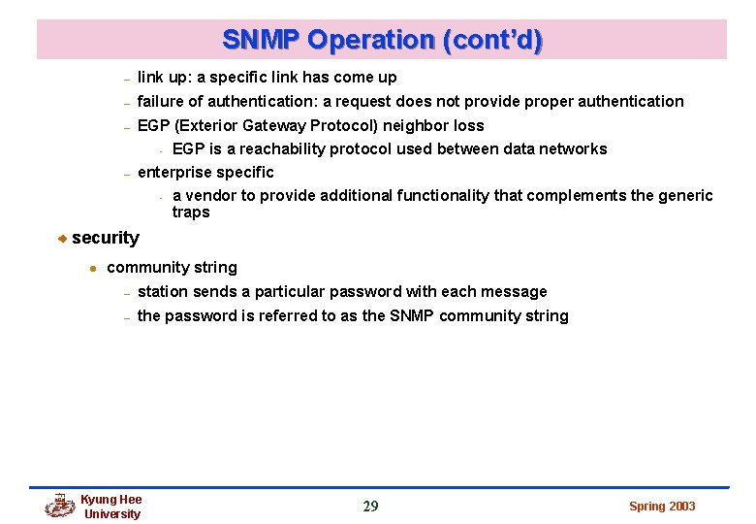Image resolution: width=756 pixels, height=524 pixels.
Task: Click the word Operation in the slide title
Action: click(373, 41)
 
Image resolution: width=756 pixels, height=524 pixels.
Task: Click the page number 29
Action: click(370, 506)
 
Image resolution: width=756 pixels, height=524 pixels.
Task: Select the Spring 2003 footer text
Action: click(662, 507)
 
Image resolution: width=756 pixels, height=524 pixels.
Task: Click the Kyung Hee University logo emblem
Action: click(60, 506)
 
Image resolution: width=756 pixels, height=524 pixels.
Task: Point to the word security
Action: click(105, 238)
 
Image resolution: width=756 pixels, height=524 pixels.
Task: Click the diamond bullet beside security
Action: click(61, 239)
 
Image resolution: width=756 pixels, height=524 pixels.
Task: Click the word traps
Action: click(191, 212)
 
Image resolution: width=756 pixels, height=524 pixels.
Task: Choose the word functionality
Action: click(445, 196)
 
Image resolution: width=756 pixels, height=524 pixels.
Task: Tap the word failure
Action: click(162, 101)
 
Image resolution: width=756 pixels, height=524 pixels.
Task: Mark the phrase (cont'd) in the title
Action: click(491, 41)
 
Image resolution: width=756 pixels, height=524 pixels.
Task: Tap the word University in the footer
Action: click(112, 514)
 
